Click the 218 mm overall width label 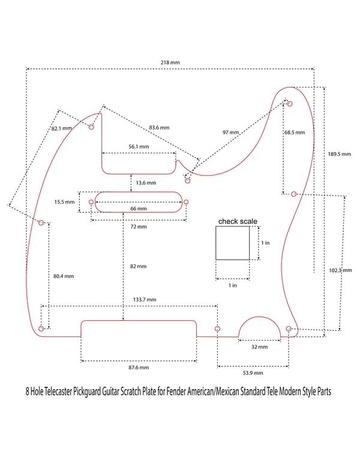coord(170,62)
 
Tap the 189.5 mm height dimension coord(335,154)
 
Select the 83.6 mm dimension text coord(159,128)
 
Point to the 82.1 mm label coord(62,128)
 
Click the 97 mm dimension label coord(230,132)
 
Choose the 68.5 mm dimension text coord(295,132)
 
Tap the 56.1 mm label coord(139,146)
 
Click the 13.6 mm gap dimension coord(146,182)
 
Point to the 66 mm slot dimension coord(138,209)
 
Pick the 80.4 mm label coord(63,276)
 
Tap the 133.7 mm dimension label coord(144,299)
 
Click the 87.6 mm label coord(138,367)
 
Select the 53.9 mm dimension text coord(253,373)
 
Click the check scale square coord(232,243)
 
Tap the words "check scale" coord(238,221)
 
